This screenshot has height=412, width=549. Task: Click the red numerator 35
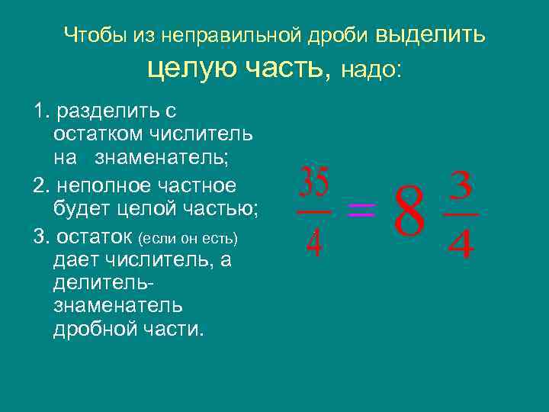point(313,182)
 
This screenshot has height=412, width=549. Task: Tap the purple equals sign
point(361,211)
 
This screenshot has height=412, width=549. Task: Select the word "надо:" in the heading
point(371,70)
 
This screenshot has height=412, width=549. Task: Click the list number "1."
point(42,111)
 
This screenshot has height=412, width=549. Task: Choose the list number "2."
point(42,185)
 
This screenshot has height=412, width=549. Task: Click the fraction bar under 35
point(313,212)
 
